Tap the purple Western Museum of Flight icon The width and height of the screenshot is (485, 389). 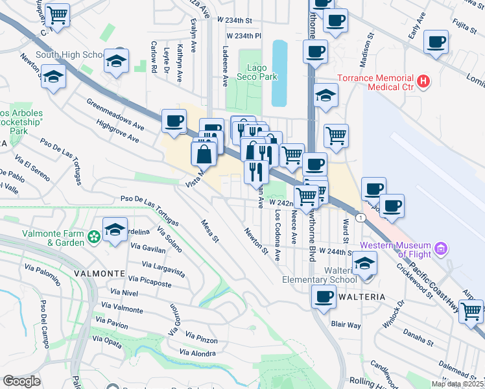[441, 248]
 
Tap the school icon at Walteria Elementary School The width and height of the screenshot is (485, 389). [365, 263]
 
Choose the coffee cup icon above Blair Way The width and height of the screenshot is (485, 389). [323, 296]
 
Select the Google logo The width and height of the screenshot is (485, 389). [21, 381]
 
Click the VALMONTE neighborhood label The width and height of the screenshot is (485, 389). [99, 273]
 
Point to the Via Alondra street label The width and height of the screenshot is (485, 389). [198, 353]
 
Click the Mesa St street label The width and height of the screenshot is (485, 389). [211, 230]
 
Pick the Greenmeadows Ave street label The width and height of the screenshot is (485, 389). [116, 112]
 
